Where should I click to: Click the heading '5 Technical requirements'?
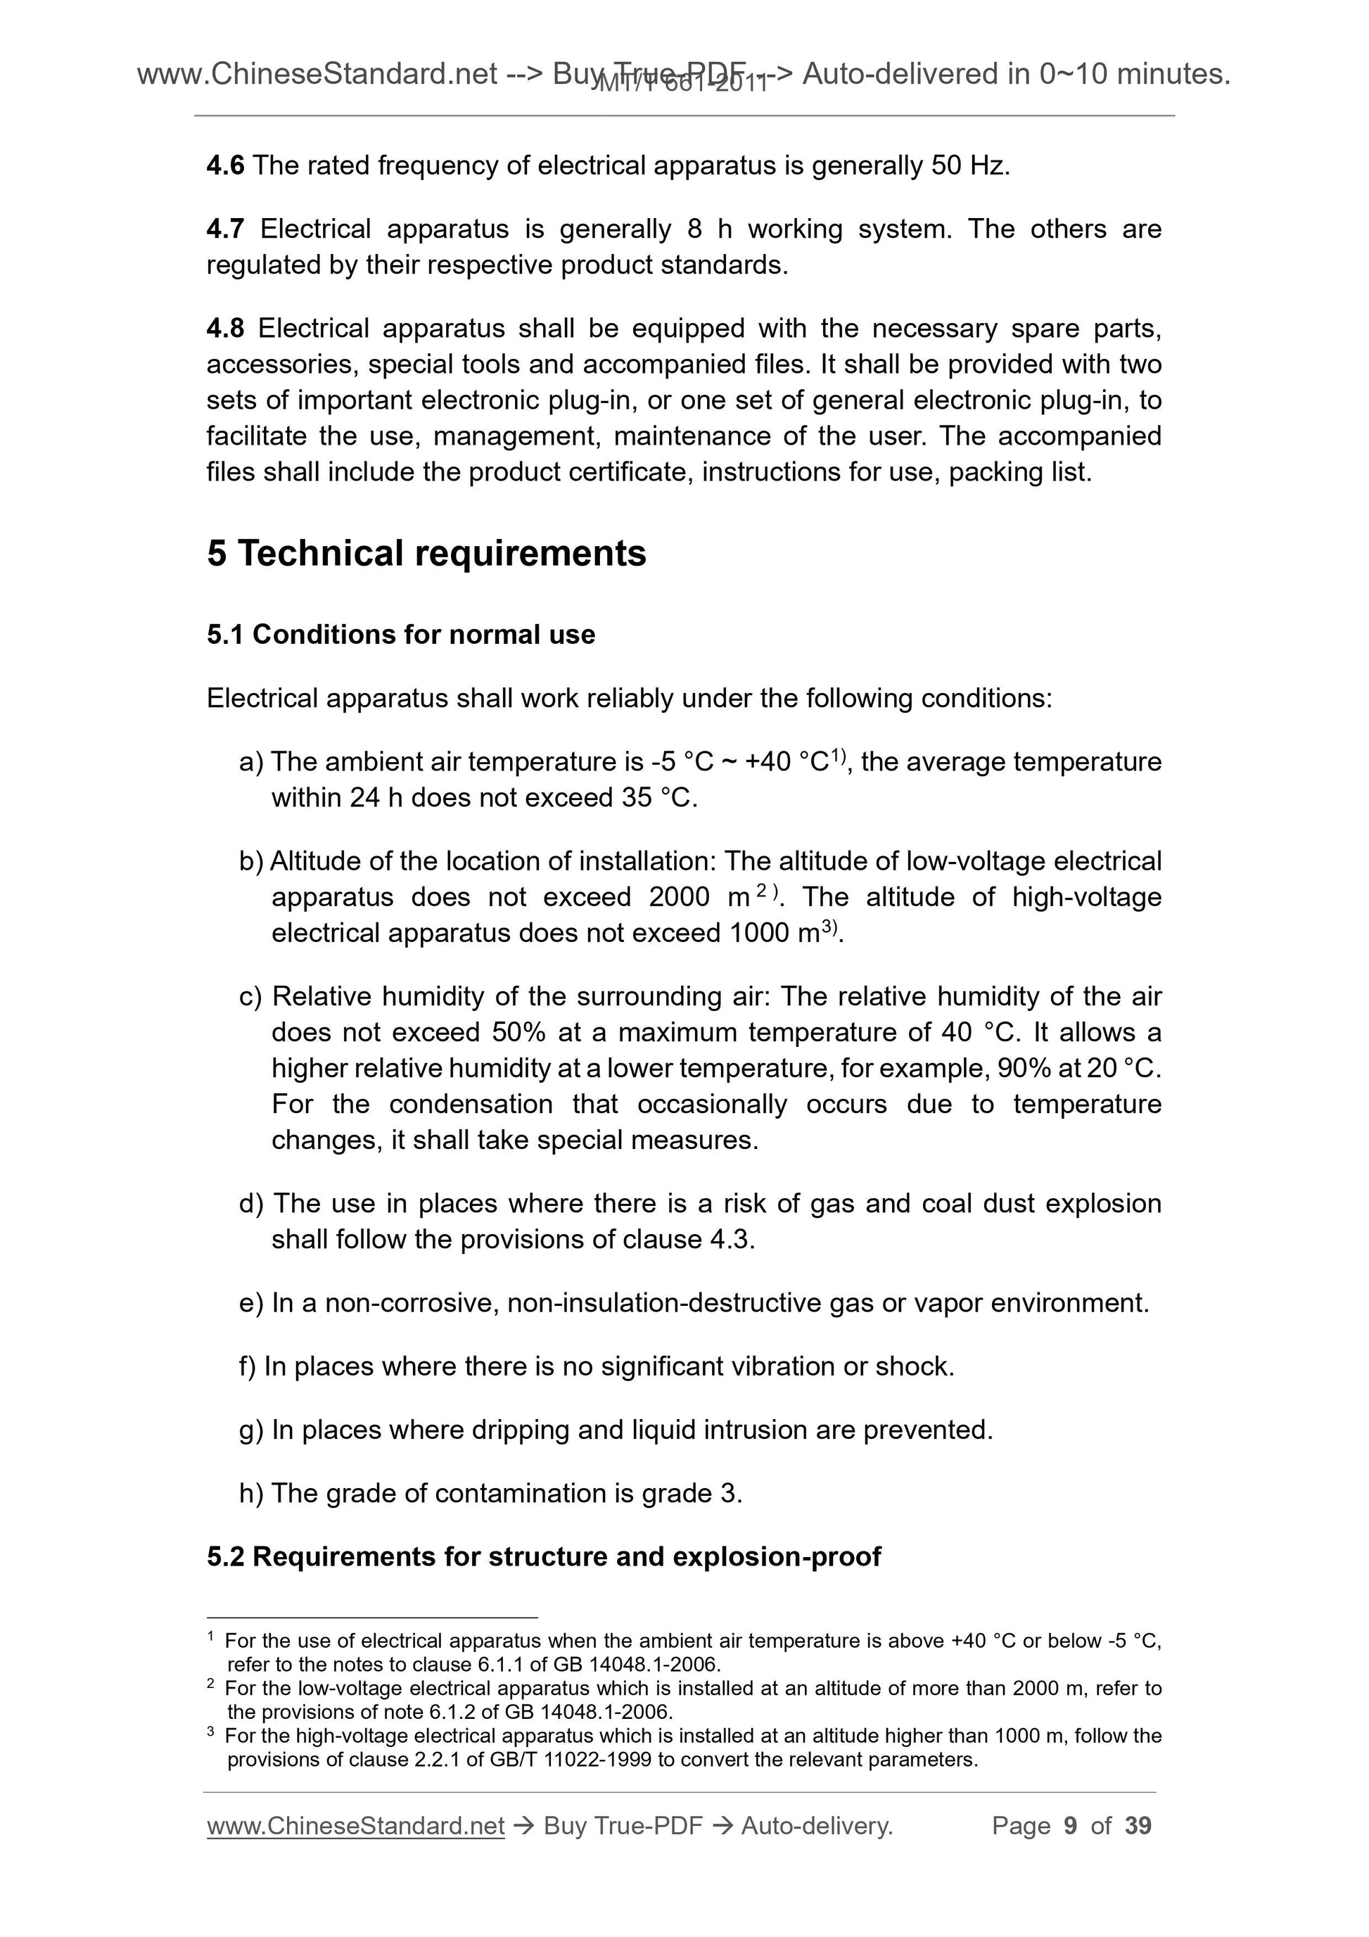pos(426,554)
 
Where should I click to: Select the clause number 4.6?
pos(224,165)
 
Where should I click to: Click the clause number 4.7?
pos(224,229)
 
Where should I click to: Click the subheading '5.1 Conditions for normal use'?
pos(401,635)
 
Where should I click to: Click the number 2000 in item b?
pos(679,897)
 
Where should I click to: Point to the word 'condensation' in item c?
pos(471,1105)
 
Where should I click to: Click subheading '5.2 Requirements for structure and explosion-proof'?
pos(543,1556)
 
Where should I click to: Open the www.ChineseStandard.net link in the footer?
pos(355,1827)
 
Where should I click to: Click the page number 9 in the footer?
pos(1071,1827)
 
